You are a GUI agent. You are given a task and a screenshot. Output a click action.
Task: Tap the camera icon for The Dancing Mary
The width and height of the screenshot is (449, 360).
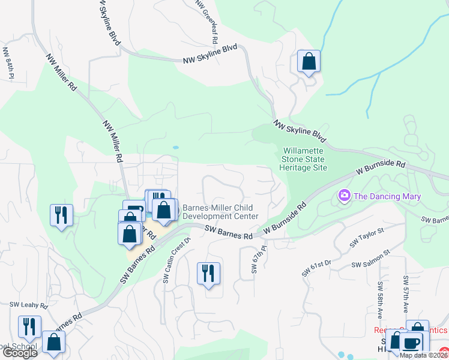point(345,196)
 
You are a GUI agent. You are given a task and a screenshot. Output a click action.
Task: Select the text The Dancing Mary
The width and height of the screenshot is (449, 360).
point(387,196)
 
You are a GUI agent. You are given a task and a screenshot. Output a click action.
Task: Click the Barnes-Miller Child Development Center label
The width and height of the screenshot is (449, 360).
point(220,211)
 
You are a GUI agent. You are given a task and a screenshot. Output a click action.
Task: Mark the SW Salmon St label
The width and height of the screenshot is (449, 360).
point(372,263)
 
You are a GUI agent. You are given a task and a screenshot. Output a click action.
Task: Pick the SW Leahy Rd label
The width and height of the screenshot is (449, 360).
point(23,305)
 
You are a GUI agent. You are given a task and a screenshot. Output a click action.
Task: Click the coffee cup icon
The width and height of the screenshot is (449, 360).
point(411,343)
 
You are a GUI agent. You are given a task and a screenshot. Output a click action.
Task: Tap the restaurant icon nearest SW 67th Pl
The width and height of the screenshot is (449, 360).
point(208,274)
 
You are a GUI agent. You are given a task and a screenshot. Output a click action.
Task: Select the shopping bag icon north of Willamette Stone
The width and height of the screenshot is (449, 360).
point(309,61)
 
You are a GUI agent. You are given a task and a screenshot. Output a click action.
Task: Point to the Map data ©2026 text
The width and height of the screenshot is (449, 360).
point(424,355)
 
